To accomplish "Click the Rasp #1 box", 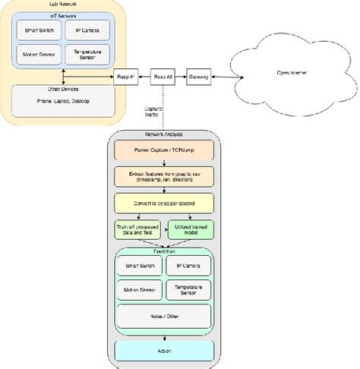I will tap(125, 77).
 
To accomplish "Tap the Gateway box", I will tap(200, 77).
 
